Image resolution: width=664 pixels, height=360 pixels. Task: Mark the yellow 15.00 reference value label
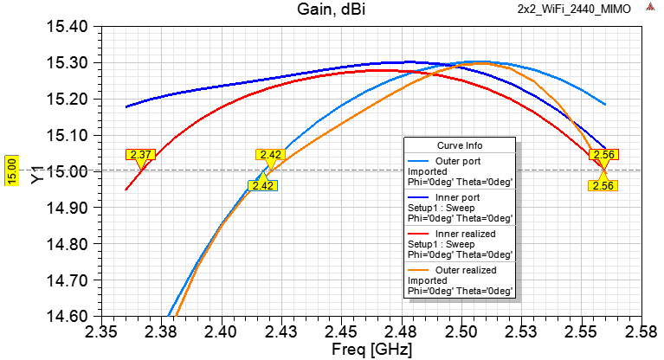(x=11, y=170)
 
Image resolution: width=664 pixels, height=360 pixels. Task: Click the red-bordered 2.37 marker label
(x=140, y=155)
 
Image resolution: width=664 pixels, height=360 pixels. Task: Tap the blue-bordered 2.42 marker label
(x=263, y=185)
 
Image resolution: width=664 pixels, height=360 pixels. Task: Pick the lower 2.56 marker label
(x=603, y=185)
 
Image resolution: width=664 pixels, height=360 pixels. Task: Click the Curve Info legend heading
(x=459, y=145)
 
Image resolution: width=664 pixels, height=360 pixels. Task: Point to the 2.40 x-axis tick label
(x=222, y=332)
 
